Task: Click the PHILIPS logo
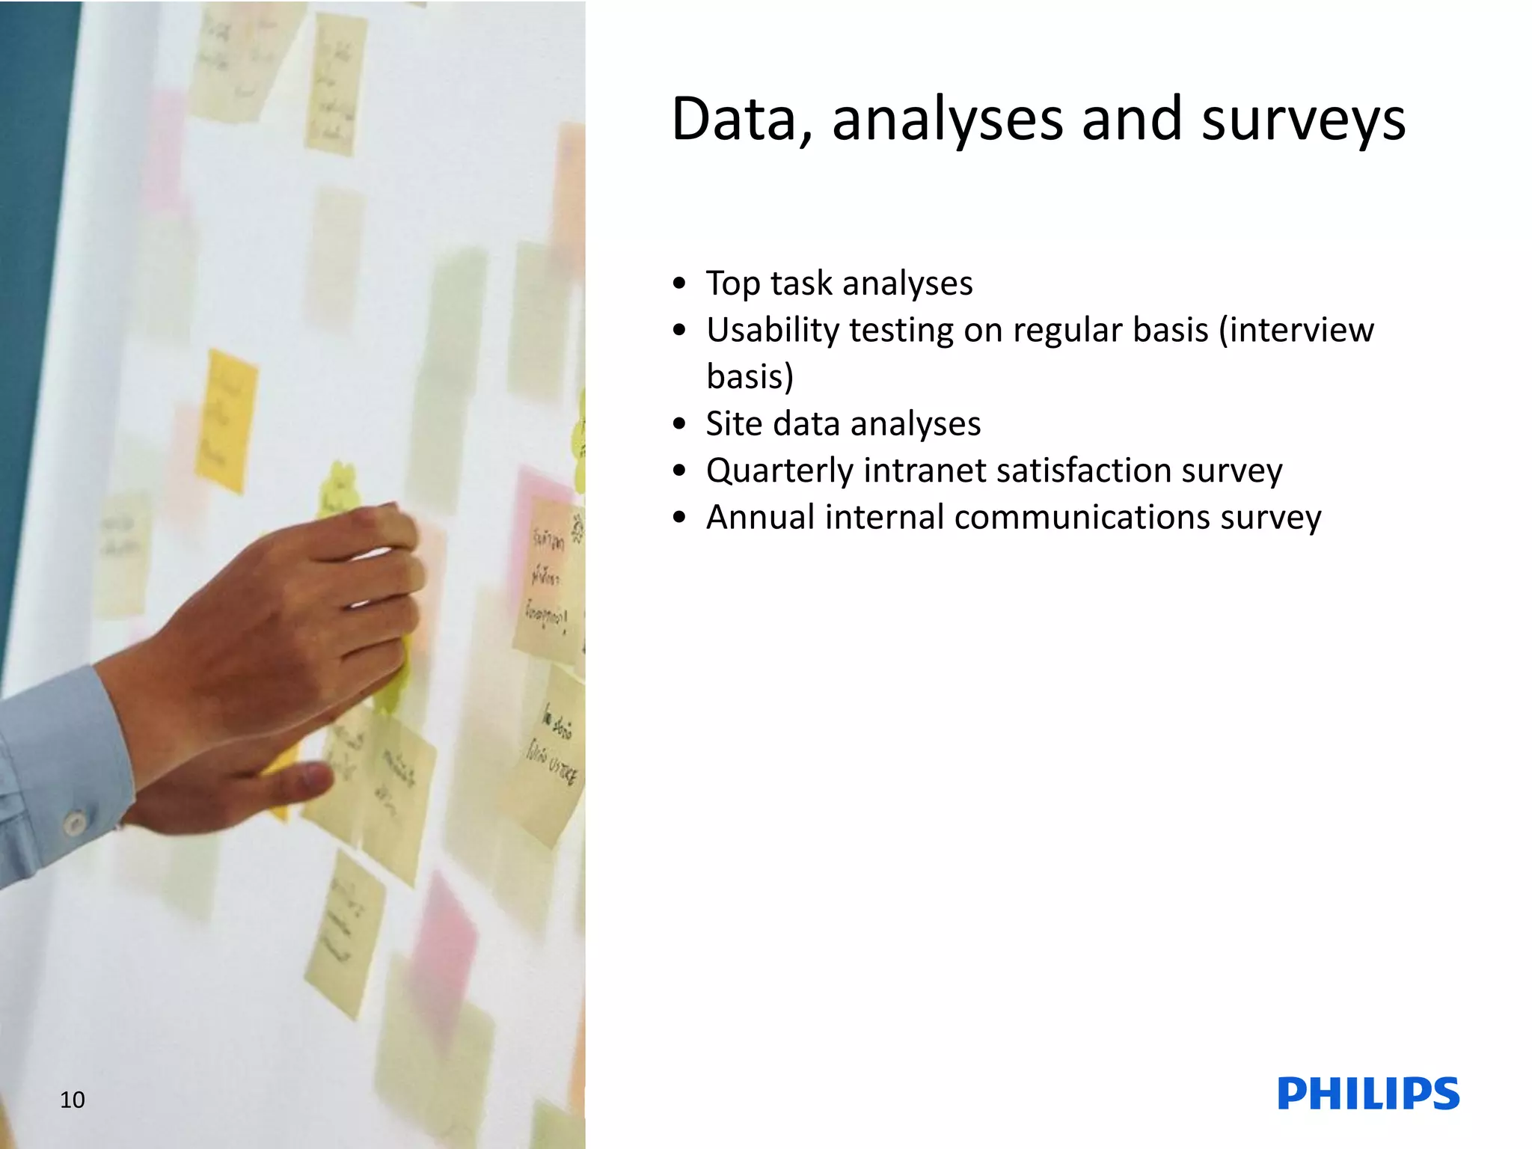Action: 1368,1094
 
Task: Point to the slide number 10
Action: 72,1099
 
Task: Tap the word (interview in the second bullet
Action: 1296,331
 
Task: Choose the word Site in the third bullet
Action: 733,423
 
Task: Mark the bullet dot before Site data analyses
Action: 679,424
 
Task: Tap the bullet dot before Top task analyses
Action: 679,284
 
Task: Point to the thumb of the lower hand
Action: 299,782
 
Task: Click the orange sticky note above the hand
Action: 227,420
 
